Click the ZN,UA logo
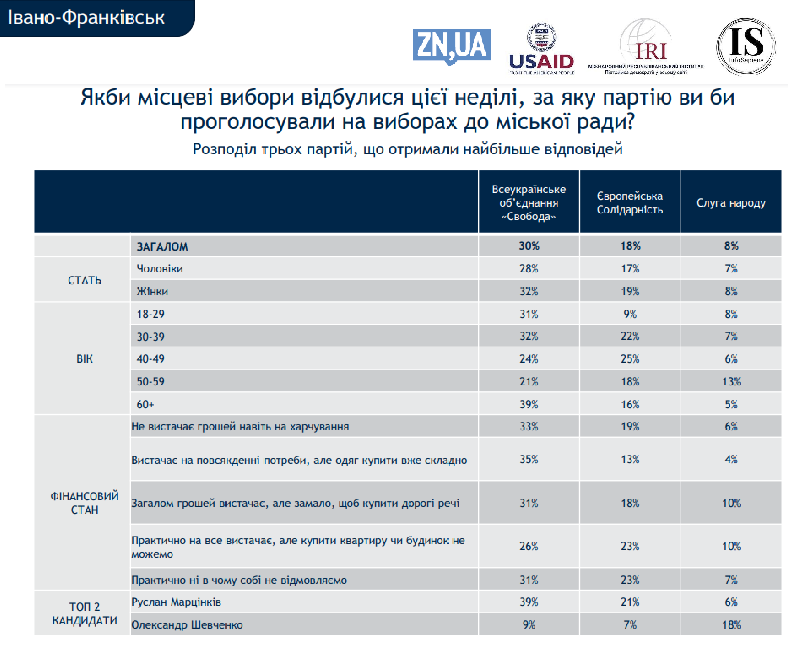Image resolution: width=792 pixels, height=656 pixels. [451, 46]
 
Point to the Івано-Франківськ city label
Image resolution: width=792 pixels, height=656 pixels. [86, 17]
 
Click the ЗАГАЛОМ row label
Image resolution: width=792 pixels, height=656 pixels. [162, 246]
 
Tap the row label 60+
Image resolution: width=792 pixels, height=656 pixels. [145, 404]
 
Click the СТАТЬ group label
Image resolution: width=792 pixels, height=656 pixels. [84, 280]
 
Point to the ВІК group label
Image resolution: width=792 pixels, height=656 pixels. [84, 358]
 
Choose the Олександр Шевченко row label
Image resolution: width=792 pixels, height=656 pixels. [187, 625]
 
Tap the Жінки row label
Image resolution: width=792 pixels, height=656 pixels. [152, 291]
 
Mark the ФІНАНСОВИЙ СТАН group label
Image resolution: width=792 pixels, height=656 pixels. [84, 503]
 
